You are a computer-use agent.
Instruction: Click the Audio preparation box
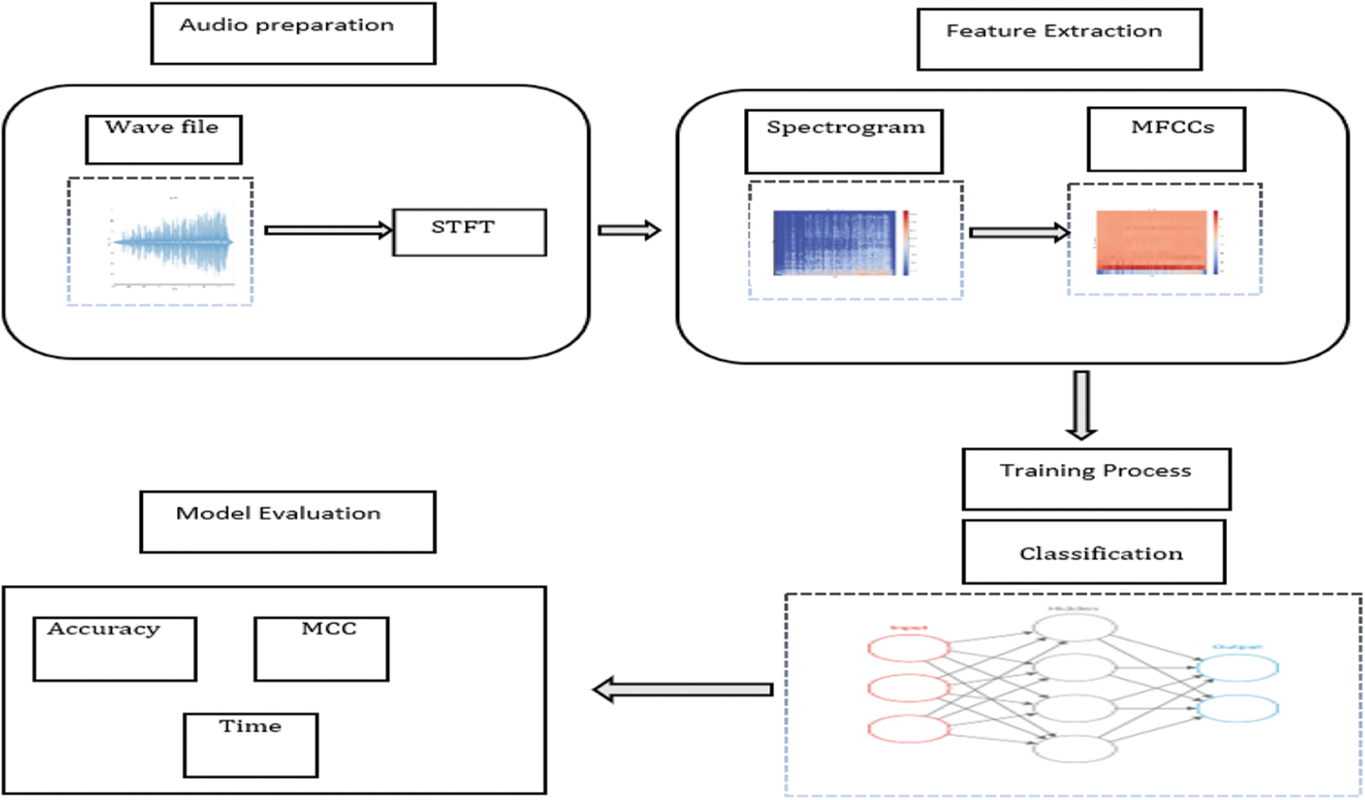293,33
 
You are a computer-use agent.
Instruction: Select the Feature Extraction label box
1059,39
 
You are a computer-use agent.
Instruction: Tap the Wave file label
163,139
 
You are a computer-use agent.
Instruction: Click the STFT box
469,232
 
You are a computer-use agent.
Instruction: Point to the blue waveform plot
173,243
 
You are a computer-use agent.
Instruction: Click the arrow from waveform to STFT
327,230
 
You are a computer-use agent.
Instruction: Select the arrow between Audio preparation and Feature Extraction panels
629,230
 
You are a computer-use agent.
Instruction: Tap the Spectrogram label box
844,141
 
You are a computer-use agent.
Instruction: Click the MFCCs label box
1166,139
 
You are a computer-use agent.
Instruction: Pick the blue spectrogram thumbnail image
835,243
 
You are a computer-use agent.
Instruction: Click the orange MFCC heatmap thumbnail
1151,242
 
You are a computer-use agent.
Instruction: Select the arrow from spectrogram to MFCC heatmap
1018,232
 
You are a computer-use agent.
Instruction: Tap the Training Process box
1096,479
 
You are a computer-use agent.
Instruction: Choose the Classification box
1093,552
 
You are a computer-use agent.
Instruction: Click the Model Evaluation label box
287,521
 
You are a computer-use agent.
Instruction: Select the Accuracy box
115,649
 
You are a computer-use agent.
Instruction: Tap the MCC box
321,649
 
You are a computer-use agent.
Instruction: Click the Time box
250,745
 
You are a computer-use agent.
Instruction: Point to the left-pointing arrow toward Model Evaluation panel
682,689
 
